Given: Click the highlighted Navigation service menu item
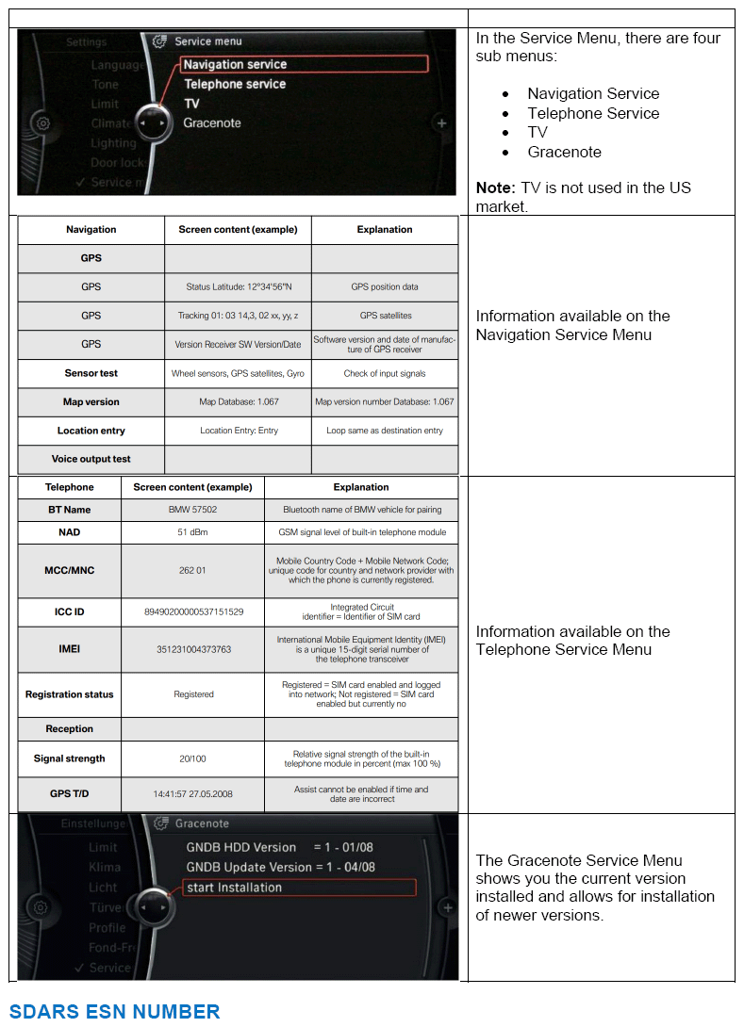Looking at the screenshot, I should (304, 65).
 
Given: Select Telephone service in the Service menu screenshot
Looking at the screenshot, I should (235, 85).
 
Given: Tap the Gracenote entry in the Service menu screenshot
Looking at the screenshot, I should (212, 123).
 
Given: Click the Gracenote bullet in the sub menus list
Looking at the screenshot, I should (564, 152).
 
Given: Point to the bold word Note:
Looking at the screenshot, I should (495, 187).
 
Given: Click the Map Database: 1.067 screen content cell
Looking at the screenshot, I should (239, 402).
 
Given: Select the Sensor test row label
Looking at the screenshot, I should (91, 373).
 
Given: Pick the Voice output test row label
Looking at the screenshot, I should (91, 460).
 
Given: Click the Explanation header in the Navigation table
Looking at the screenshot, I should (384, 230).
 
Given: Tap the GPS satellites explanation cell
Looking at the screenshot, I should (384, 316).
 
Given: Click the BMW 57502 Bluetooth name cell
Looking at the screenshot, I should (192, 510).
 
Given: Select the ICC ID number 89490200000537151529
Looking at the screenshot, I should (192, 612).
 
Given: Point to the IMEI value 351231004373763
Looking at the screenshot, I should (192, 649).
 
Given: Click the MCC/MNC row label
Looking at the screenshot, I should (69, 571).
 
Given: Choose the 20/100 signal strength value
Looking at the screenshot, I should (192, 758).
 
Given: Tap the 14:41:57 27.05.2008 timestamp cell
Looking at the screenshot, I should (192, 794).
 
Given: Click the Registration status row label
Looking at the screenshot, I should (69, 694).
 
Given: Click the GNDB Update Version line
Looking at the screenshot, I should (280, 868).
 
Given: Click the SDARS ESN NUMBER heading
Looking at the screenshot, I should (114, 1012).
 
